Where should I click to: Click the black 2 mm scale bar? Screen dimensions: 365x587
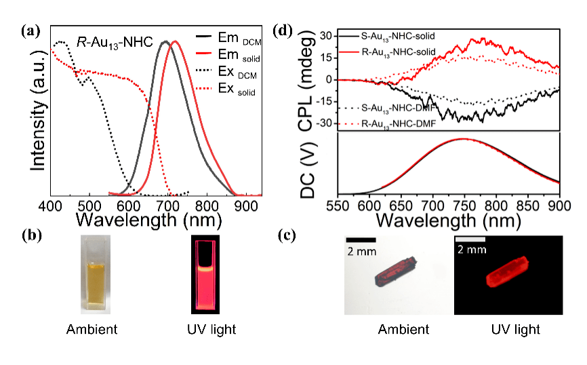click(x=361, y=239)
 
